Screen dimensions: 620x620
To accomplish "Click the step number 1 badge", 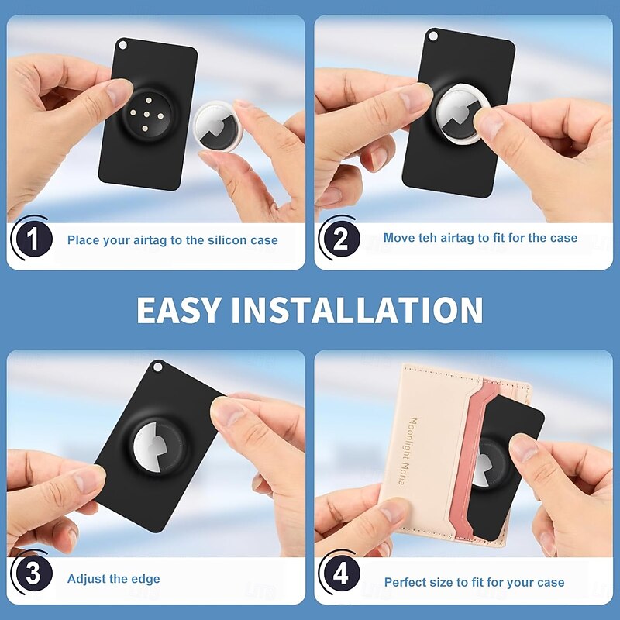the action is coord(33,239).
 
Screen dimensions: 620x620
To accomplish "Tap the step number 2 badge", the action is coord(341,239).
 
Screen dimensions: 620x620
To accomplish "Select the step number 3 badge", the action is coord(33,573).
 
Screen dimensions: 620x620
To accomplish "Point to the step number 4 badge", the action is coord(341,573).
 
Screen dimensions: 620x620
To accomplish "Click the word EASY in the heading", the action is coord(178,310).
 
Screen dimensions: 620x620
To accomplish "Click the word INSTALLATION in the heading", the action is coord(357,310).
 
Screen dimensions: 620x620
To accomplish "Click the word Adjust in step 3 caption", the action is coord(84,579).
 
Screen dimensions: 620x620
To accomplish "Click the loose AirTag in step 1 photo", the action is coord(217,126).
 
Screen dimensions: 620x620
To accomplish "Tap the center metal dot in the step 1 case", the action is coord(146,115).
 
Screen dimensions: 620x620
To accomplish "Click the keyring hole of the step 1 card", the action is coord(122,45).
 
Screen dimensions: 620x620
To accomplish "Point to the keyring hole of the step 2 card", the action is coord(432,36).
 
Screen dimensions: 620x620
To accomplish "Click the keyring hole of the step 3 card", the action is coord(158,367).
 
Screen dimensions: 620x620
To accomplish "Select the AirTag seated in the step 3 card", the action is coord(158,447).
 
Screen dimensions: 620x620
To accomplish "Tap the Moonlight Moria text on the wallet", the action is coord(408,450).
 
